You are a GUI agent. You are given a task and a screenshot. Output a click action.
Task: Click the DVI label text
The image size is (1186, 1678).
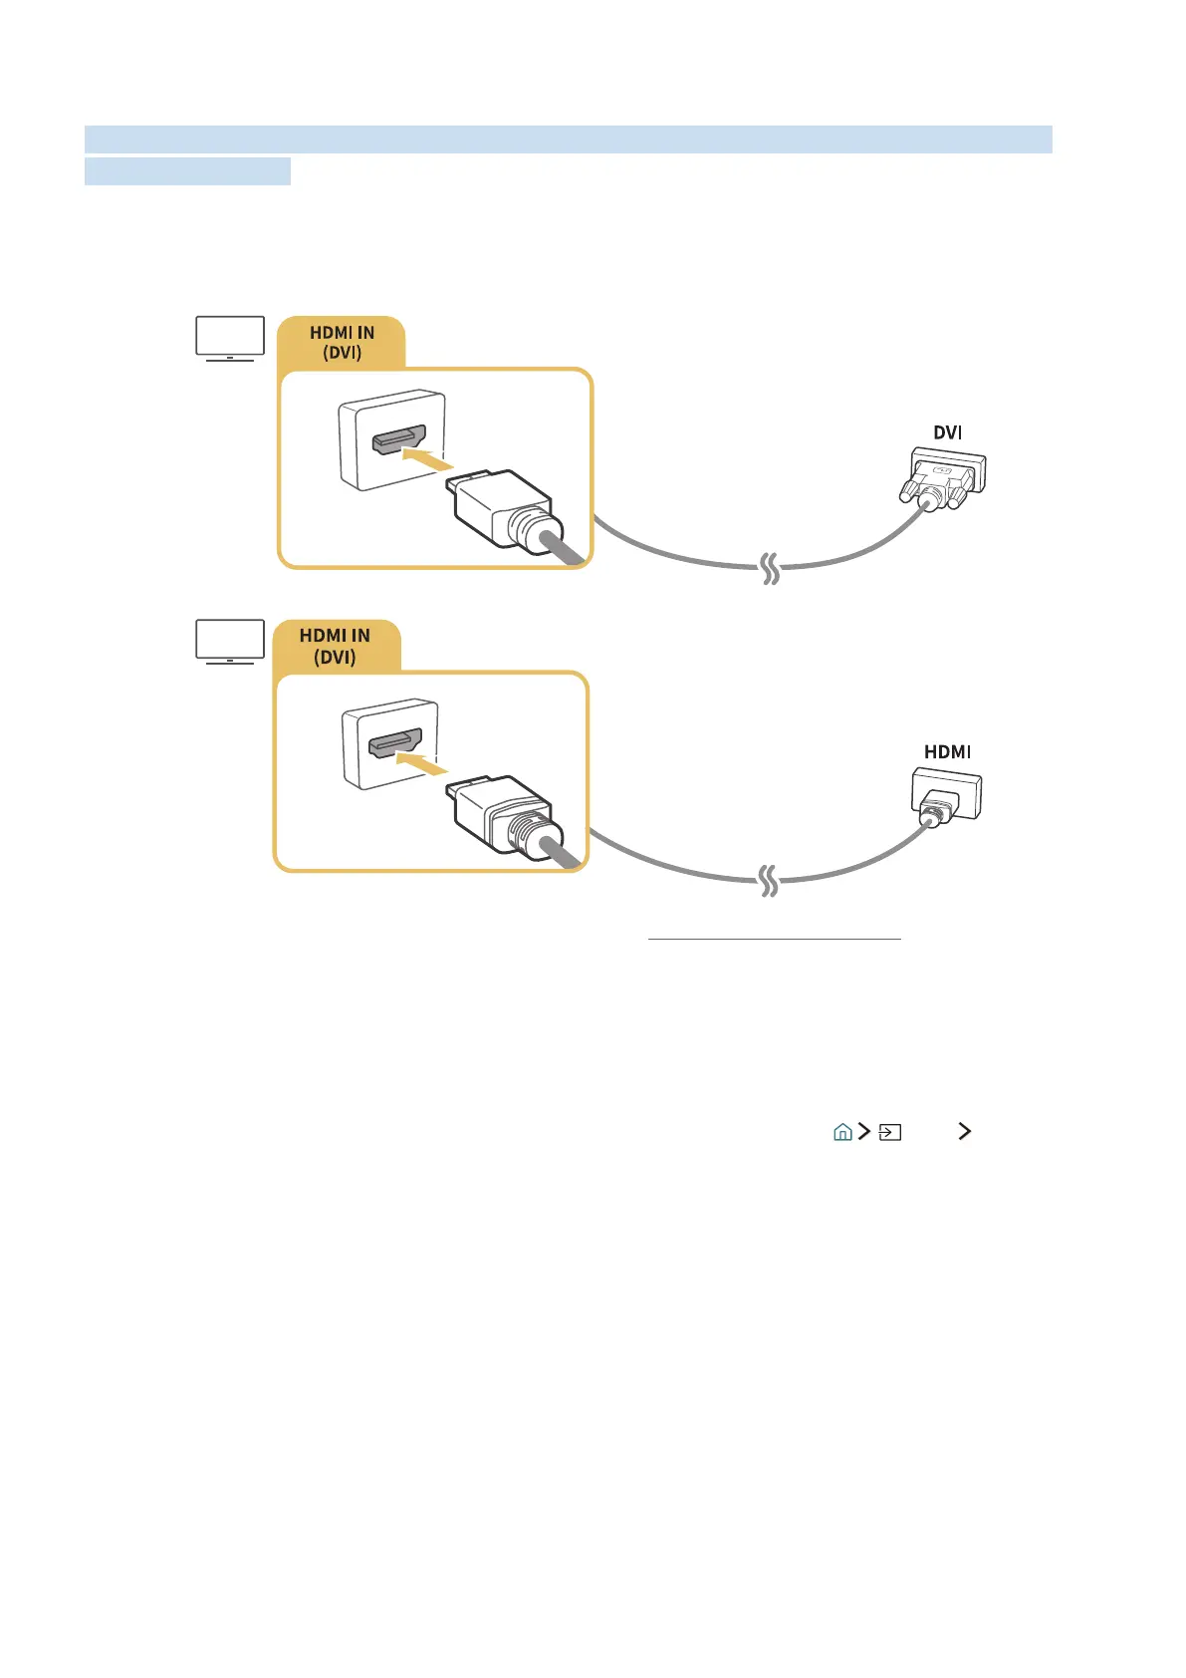947,432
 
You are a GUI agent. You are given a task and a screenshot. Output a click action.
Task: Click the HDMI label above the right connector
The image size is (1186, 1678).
947,752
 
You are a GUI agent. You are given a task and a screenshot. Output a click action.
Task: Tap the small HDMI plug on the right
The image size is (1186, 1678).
945,797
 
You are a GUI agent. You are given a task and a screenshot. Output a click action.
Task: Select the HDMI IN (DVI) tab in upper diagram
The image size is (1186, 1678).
342,343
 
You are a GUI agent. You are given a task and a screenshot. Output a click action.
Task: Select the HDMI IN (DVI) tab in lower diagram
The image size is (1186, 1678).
335,646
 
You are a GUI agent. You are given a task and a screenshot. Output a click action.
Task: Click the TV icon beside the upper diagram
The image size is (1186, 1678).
230,338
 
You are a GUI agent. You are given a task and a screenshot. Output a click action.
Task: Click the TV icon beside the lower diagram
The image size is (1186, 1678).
230,641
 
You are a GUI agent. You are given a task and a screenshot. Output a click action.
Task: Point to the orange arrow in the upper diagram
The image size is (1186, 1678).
427,459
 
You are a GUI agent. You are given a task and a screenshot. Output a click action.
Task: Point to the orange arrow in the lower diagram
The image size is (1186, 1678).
423,762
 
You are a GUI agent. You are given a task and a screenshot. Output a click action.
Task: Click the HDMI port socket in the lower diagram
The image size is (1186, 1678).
395,742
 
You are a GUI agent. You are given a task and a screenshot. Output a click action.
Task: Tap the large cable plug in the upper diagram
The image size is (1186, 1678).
503,509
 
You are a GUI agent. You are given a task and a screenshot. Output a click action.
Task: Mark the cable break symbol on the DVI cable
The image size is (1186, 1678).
770,569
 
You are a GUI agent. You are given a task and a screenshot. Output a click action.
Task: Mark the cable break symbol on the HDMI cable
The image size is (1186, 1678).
769,881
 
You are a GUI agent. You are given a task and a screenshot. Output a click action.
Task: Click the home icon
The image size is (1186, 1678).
842,1132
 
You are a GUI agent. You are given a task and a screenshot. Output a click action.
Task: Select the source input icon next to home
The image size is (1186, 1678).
890,1132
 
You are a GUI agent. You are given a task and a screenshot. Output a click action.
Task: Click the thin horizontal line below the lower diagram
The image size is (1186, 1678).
774,939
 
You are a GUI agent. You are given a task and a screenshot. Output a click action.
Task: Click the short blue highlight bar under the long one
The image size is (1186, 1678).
187,171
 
